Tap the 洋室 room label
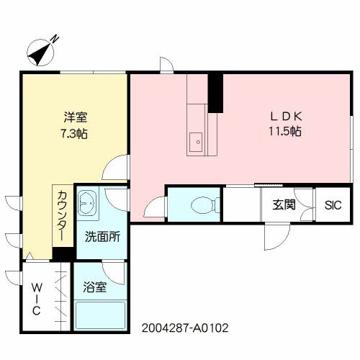(70, 116)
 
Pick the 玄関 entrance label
(283, 204)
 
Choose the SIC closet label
(333, 204)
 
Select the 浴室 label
(96, 287)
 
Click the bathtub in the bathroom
(100, 315)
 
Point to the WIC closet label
(35, 299)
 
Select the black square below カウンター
(63, 254)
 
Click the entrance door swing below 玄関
(278, 234)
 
